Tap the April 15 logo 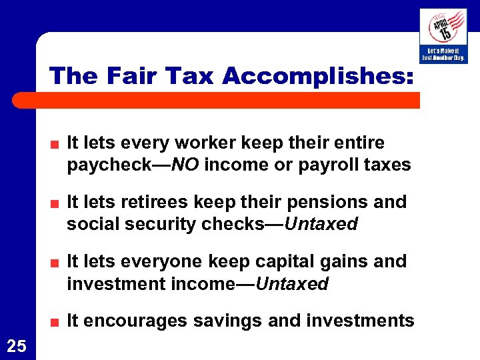tap(443, 27)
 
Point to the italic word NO tap(185, 165)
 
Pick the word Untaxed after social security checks tap(322, 224)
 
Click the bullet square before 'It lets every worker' tap(58, 144)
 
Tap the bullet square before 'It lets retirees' tap(58, 203)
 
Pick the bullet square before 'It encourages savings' tap(58, 322)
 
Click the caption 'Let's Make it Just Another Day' tap(443, 55)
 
